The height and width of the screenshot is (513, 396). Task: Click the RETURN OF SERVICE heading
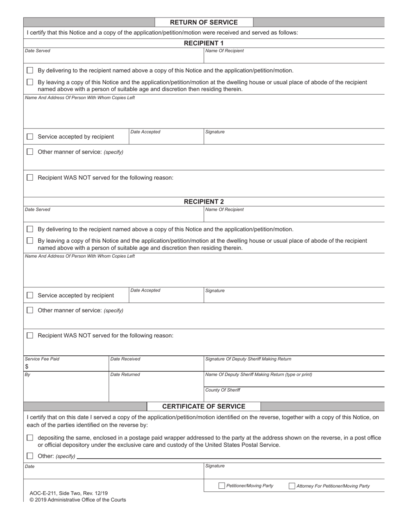point(204,23)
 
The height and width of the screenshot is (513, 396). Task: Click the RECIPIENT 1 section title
point(204,43)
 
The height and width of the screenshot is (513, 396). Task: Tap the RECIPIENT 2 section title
point(204,201)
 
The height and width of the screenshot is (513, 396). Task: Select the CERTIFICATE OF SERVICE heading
point(203,406)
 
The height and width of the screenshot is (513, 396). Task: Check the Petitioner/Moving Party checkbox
point(222,485)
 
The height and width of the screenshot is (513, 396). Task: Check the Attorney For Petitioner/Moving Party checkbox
point(292,485)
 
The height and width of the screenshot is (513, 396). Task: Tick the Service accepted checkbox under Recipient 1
point(30,137)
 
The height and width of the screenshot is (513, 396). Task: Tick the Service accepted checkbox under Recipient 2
point(30,295)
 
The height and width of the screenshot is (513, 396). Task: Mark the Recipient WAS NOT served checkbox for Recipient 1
point(30,178)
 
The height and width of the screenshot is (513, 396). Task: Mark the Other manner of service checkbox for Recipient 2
point(30,310)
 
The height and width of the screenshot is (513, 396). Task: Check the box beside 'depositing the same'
point(30,438)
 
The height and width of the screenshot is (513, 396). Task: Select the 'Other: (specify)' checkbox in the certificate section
point(30,456)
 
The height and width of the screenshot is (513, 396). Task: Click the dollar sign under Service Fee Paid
point(27,367)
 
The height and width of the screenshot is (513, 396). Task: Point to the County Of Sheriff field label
point(223,390)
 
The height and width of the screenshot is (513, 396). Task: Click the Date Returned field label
point(125,375)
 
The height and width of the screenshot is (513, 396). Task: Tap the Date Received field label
point(125,359)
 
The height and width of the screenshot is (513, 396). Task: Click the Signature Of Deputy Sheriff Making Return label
point(248,359)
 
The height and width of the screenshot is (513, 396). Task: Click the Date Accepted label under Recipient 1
point(145,132)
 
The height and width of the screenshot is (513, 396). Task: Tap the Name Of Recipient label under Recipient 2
point(225,209)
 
